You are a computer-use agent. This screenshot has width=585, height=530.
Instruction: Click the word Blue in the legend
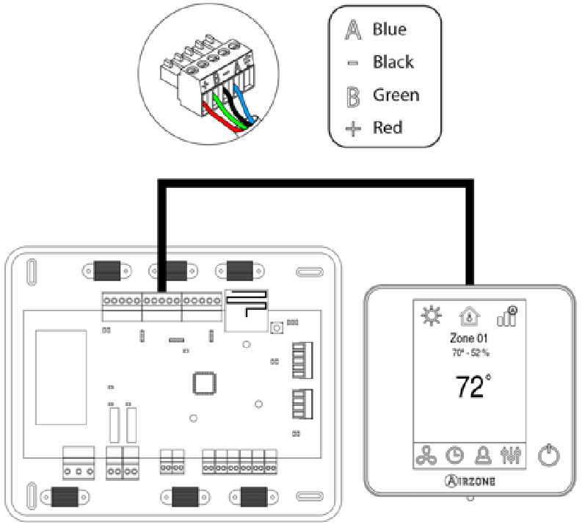(388, 30)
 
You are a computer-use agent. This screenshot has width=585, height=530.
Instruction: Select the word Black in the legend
(393, 62)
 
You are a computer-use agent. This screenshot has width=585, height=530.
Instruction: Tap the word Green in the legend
(396, 95)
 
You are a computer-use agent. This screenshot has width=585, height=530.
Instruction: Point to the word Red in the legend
(388, 128)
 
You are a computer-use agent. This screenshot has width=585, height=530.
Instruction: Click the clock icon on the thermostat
(456, 455)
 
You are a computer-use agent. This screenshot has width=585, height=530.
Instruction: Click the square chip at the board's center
(202, 385)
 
